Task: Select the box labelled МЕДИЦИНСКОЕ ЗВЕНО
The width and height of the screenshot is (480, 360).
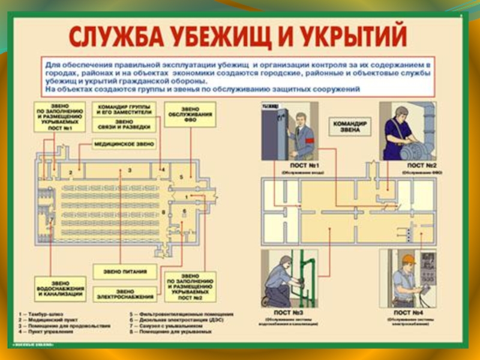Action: coord(124,145)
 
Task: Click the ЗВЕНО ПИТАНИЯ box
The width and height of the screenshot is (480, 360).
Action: coord(125,272)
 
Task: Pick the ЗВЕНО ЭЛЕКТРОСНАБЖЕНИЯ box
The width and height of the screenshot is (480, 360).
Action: coord(125,294)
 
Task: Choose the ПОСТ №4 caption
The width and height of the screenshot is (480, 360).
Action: coord(409,313)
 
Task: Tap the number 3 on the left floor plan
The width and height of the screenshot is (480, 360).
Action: coord(130,171)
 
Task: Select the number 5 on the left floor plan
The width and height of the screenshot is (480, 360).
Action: coord(181,178)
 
